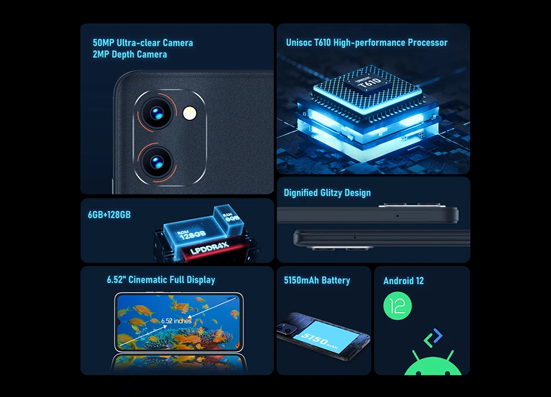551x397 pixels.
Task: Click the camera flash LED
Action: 190,113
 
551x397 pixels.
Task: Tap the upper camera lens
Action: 156,113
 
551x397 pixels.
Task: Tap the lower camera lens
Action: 156,162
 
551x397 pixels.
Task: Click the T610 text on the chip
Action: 371,83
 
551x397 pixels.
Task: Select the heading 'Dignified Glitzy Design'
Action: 327,192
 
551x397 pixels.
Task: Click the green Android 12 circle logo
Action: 397,306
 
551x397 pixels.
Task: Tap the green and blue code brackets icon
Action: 433,338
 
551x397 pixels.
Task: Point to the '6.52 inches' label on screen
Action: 176,321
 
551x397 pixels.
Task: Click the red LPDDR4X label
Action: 210,248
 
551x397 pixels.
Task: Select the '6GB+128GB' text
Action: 109,215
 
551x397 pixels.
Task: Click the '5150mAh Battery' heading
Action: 317,280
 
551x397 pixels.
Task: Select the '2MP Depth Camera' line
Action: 129,55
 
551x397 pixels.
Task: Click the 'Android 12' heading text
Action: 403,281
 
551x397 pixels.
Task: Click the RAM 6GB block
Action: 229,218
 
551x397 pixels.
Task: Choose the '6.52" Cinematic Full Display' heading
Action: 161,280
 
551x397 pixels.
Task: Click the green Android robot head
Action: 433,366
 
